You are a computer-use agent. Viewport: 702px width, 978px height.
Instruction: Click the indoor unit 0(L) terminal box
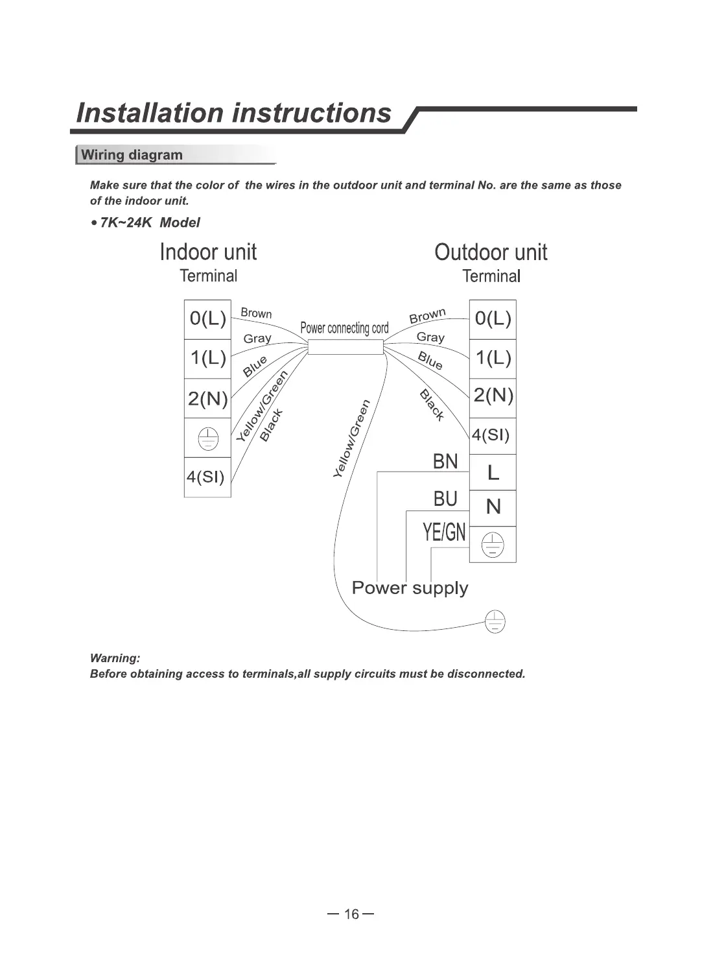click(x=207, y=319)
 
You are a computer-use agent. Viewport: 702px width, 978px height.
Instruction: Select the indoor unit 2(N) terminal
click(x=207, y=398)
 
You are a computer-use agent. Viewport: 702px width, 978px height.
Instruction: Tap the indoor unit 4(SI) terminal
click(x=207, y=477)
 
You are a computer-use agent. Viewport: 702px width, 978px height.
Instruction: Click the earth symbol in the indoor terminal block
click(x=207, y=438)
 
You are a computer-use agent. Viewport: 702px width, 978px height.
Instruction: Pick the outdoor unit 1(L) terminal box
click(x=493, y=358)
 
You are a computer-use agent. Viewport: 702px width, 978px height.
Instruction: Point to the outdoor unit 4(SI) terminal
click(x=491, y=435)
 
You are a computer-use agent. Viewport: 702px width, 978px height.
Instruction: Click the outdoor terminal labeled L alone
click(x=493, y=472)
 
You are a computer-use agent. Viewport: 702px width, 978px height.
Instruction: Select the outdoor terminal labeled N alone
click(x=493, y=507)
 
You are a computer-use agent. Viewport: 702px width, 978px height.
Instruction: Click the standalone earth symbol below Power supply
click(x=495, y=622)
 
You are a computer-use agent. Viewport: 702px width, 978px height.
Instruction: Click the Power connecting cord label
click(x=344, y=328)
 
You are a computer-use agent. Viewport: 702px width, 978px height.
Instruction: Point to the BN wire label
click(x=445, y=462)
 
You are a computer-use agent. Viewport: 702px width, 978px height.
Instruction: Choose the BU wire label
click(x=445, y=499)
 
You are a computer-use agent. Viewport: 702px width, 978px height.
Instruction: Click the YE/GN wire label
click(x=444, y=532)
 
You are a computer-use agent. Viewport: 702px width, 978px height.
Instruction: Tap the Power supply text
click(x=410, y=588)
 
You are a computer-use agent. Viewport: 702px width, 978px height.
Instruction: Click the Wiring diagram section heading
click(x=132, y=155)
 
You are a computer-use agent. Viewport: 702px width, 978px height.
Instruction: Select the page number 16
click(x=351, y=914)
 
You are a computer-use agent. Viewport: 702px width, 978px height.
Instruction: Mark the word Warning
click(x=115, y=658)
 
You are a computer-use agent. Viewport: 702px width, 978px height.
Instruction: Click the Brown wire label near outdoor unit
click(x=427, y=316)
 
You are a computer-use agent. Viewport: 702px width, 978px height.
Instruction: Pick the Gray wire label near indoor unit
click(x=257, y=339)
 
